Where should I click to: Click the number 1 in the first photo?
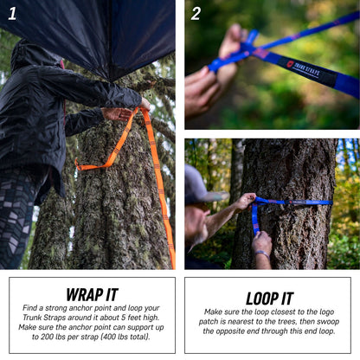pos(11,13)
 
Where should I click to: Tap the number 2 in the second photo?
pos(196,13)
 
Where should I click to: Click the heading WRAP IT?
pos(92,293)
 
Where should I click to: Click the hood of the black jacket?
pos(35,56)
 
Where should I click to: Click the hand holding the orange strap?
pos(117,113)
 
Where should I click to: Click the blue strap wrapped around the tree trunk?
pos(294,202)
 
